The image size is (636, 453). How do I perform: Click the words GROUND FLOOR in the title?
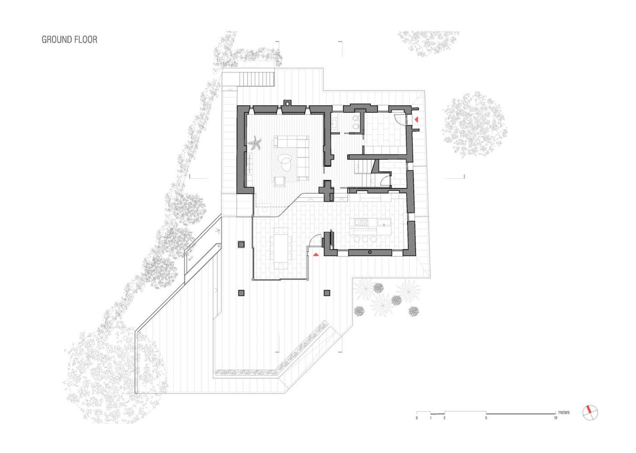click(x=69, y=39)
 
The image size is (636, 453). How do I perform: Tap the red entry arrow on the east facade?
click(x=416, y=120)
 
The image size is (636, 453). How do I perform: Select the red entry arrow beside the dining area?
click(x=316, y=255)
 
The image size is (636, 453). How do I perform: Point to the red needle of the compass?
click(x=589, y=410)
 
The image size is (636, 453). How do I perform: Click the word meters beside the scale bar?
click(x=563, y=412)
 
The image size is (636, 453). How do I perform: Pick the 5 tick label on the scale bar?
click(x=486, y=418)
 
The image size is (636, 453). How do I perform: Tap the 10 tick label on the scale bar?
click(x=555, y=418)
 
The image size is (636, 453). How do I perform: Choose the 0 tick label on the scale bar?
click(x=417, y=418)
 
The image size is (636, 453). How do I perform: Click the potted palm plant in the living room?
click(x=254, y=143)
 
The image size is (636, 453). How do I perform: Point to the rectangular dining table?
click(x=281, y=248)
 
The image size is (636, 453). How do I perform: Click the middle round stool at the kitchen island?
click(x=365, y=239)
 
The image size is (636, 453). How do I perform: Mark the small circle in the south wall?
click(x=370, y=252)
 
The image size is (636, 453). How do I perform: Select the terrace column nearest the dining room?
click(x=241, y=244)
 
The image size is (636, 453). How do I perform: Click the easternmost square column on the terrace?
click(x=327, y=293)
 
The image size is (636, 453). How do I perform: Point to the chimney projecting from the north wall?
click(x=287, y=103)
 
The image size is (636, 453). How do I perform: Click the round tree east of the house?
click(x=475, y=125)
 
